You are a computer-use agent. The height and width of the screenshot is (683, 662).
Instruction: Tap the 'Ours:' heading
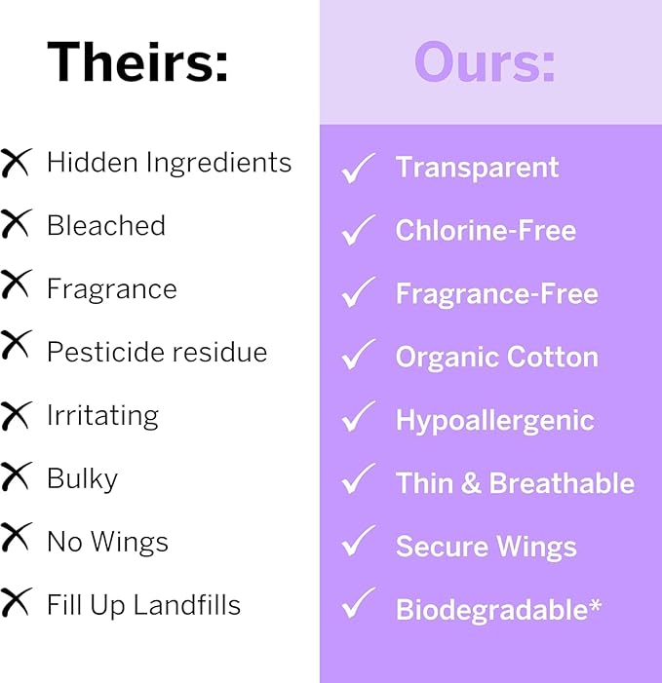pyautogui.click(x=485, y=62)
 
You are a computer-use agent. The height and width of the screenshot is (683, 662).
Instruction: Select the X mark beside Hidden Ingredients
pyautogui.click(x=17, y=162)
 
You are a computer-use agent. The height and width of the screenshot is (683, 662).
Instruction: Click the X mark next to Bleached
pyautogui.click(x=17, y=225)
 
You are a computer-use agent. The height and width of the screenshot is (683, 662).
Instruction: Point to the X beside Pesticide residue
pyautogui.click(x=17, y=347)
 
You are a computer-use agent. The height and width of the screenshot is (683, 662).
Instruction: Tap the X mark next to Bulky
pyautogui.click(x=17, y=477)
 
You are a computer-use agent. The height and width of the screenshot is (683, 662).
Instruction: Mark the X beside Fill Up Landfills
pyautogui.click(x=17, y=603)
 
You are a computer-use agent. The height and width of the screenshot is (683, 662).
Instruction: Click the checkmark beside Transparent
pyautogui.click(x=358, y=169)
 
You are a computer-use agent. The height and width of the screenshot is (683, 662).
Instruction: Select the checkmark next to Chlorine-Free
pyautogui.click(x=358, y=231)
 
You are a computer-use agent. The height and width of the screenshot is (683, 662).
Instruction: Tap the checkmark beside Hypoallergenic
pyautogui.click(x=358, y=419)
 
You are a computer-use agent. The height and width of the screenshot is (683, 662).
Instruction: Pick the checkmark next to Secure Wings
pyautogui.click(x=358, y=544)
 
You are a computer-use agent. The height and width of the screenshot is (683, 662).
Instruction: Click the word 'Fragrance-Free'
pyautogui.click(x=496, y=293)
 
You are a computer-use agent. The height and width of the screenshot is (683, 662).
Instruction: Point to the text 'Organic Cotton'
pyautogui.click(x=496, y=357)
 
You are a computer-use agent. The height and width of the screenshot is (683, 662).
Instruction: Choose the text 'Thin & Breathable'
pyautogui.click(x=515, y=483)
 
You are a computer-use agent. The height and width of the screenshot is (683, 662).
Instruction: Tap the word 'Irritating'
pyautogui.click(x=102, y=415)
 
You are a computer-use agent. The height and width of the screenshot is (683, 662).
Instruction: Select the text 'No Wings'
pyautogui.click(x=107, y=542)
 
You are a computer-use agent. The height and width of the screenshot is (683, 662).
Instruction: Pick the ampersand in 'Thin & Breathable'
pyautogui.click(x=472, y=483)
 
